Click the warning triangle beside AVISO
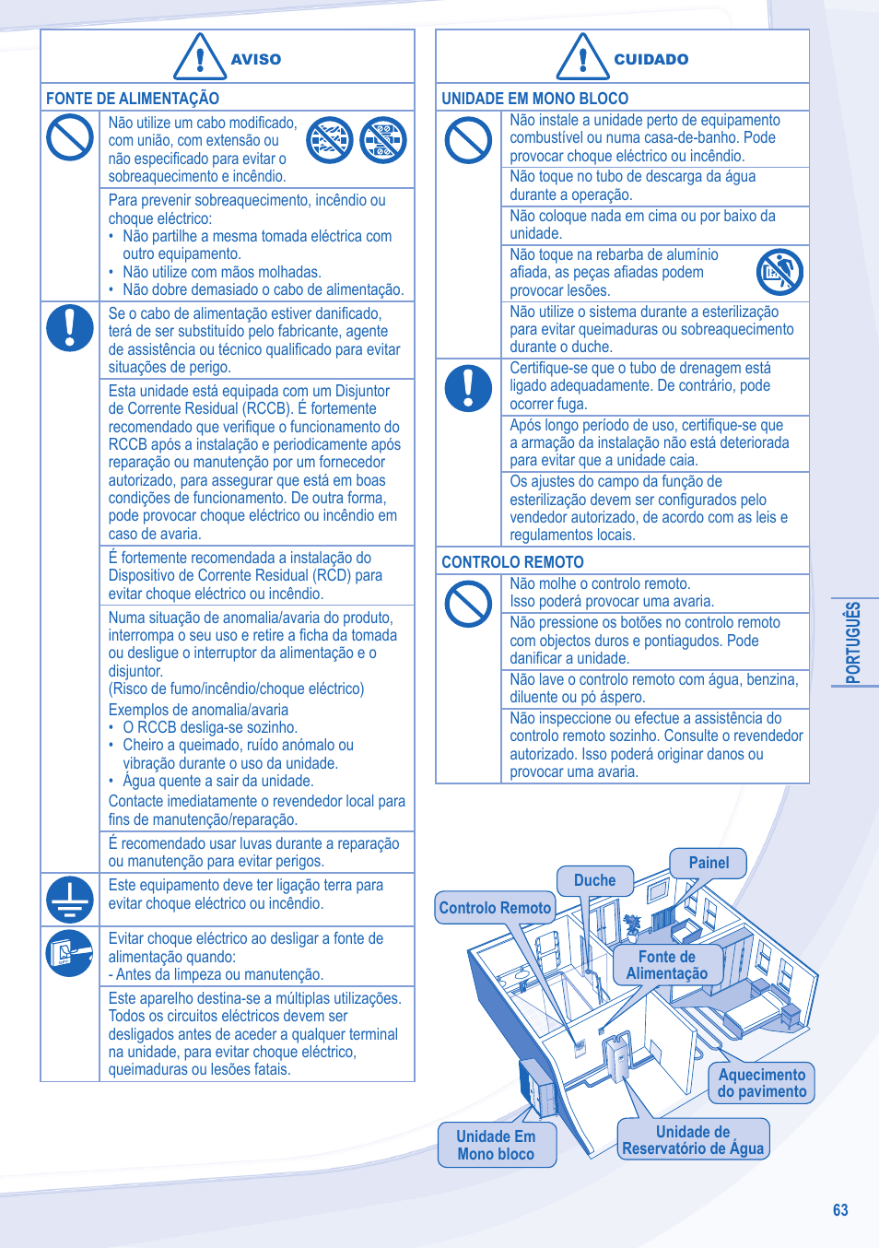point(200,56)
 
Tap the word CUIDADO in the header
point(650,59)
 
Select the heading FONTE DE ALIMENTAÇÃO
point(133,99)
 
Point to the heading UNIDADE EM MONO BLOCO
point(534,99)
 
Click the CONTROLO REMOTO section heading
point(512,562)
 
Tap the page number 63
point(839,1210)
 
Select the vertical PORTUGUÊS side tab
point(853,642)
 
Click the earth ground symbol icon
point(70,899)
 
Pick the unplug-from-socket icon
point(70,953)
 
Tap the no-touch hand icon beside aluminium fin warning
point(779,272)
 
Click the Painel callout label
point(709,863)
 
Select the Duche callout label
point(594,880)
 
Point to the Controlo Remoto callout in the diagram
point(495,908)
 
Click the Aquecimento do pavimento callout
point(761,1083)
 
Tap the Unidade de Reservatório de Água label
point(693,1140)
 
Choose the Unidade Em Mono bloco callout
point(496,1145)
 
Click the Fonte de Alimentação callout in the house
point(667,965)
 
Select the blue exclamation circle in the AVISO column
point(70,328)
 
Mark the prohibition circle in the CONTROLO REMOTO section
point(468,605)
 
